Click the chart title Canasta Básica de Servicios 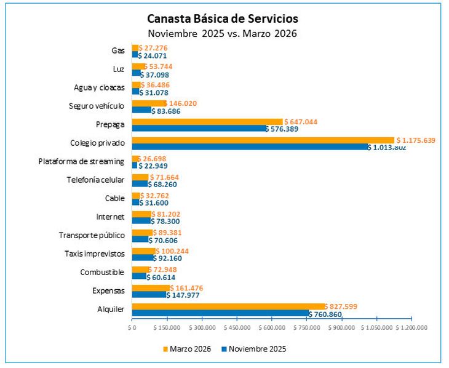coord(223,18)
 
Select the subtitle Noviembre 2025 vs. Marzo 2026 coord(223,34)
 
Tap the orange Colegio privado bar coord(263,140)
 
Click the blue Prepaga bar coord(199,129)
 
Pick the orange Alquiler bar coord(228,306)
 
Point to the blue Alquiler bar coord(220,313)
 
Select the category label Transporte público coord(92,236)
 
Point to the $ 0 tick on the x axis coord(132,327)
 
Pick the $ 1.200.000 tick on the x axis coord(411,327)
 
